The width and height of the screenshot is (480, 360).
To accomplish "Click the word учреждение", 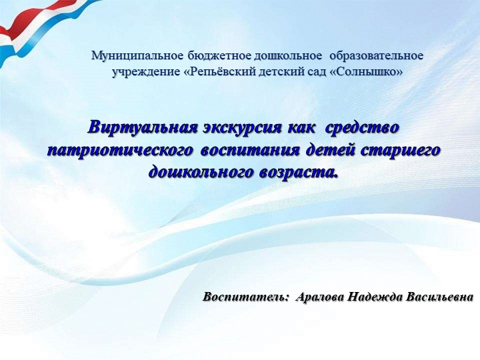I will [145, 70].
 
